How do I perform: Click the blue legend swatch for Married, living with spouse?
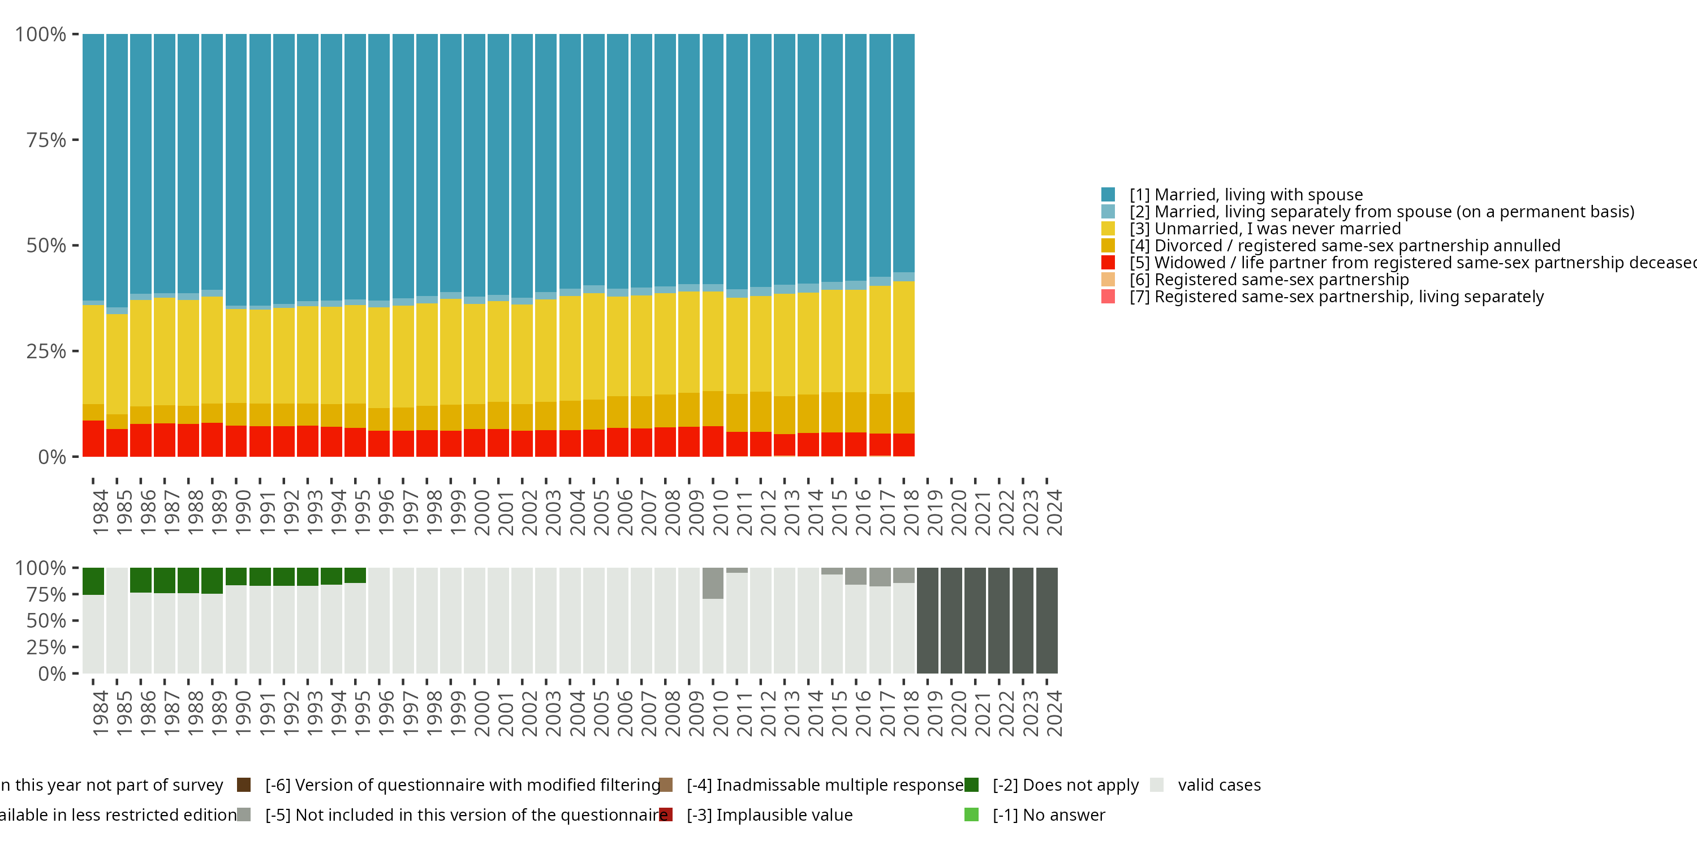(1108, 195)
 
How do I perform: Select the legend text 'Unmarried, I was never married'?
(1277, 229)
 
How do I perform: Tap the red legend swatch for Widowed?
(1108, 263)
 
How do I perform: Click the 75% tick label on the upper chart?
(46, 140)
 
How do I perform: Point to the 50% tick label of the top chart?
(46, 246)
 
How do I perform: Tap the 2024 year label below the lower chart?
(1053, 713)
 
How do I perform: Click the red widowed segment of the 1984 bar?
(93, 438)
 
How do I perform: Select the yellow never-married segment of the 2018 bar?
(904, 336)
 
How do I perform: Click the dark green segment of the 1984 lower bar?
(93, 581)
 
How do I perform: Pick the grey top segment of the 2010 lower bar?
(713, 584)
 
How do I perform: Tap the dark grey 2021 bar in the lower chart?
(975, 620)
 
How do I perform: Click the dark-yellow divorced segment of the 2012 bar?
(760, 412)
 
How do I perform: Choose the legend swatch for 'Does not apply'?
(972, 785)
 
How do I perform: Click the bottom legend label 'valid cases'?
(1219, 785)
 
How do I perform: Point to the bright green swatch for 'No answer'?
(972, 814)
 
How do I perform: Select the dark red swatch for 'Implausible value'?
(666, 814)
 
